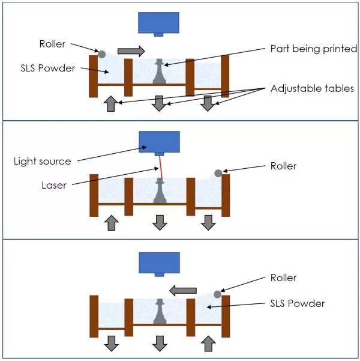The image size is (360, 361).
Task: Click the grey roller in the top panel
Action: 101,54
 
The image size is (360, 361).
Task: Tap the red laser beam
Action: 161,167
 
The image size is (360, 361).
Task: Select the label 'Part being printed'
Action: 314,49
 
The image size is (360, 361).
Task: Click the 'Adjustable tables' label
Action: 312,88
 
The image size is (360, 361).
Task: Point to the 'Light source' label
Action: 43,161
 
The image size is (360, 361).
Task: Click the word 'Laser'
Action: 54,185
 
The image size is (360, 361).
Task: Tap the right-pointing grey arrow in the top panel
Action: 131,51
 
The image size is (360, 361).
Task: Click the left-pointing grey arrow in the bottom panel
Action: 183,291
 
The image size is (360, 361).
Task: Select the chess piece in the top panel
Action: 160,71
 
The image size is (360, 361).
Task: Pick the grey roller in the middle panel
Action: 218,173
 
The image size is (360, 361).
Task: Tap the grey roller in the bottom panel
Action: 217,294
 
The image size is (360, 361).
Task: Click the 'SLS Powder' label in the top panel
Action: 47,68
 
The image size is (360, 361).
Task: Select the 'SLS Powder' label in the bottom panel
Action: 297,303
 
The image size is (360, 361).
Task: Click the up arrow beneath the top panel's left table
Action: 110,103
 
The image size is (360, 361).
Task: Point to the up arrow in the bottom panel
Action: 208,344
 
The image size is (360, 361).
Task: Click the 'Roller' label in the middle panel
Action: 283,166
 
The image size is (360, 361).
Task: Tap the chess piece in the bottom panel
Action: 160,311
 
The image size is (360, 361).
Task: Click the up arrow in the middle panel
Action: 112,223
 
